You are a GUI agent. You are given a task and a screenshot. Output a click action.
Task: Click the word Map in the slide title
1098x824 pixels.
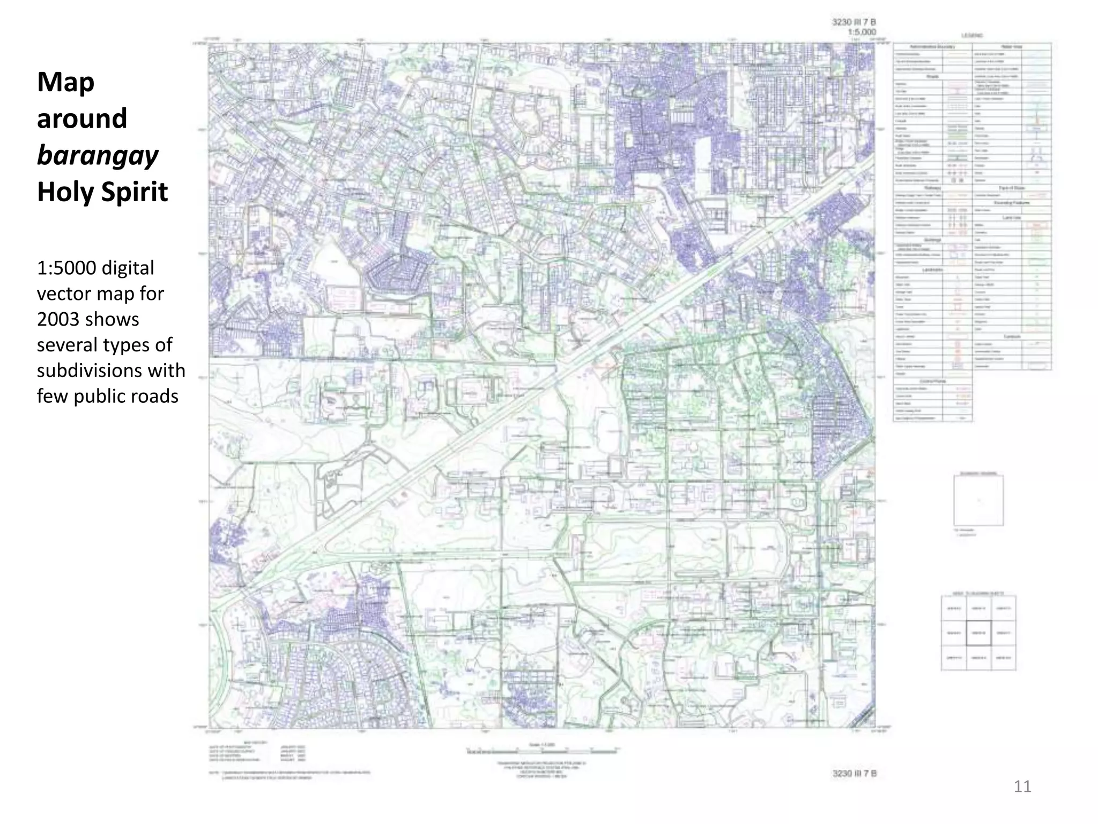tap(65, 83)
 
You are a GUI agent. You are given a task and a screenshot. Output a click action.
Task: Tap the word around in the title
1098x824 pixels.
tap(82, 119)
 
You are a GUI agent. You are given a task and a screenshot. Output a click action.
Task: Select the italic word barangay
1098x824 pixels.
tap(98, 156)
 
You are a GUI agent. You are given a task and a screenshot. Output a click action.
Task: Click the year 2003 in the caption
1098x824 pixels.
tap(58, 319)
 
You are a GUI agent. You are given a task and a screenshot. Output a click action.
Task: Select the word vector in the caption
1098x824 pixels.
tap(64, 293)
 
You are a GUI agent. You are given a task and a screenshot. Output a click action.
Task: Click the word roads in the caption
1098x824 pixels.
tap(159, 396)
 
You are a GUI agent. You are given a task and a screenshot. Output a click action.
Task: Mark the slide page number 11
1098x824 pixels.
tap(1022, 786)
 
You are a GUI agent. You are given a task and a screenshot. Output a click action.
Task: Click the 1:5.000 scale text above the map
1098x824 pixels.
tap(862, 32)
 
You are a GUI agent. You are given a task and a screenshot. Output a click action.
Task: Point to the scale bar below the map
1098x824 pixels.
tap(543, 751)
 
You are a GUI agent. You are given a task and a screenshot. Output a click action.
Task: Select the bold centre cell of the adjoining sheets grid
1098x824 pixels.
tap(979, 633)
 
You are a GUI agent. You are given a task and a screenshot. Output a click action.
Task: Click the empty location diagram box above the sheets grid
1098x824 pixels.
tap(978, 501)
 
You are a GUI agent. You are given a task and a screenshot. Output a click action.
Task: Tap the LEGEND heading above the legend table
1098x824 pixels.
tap(972, 36)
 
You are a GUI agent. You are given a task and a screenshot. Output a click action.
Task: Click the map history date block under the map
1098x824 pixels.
tap(257, 753)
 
